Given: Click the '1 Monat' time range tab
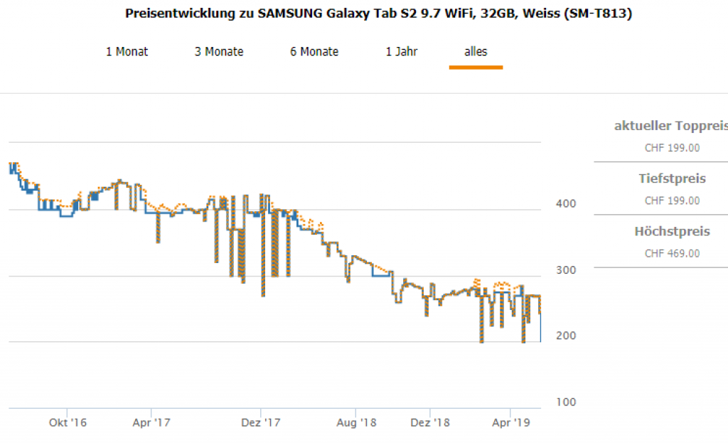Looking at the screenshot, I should pyautogui.click(x=127, y=51).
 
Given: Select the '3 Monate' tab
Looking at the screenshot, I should pyautogui.click(x=219, y=51).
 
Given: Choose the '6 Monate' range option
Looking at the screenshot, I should pyautogui.click(x=314, y=51).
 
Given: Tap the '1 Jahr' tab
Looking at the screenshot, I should pyautogui.click(x=402, y=51).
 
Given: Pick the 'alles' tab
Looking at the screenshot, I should pyautogui.click(x=476, y=51).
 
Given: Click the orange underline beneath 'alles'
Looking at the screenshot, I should pyautogui.click(x=476, y=68).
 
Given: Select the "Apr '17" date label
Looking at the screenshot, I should pyautogui.click(x=151, y=422).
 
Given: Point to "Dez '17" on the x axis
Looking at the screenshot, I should pyautogui.click(x=262, y=422).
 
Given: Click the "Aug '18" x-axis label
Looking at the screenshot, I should pyautogui.click(x=357, y=422).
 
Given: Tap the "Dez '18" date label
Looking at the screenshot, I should pyautogui.click(x=431, y=422).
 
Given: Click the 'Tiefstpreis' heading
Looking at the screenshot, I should pyautogui.click(x=672, y=178).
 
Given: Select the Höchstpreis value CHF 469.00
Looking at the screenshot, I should pyautogui.click(x=672, y=253).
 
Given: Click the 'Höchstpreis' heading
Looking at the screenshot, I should pyautogui.click(x=672, y=231).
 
